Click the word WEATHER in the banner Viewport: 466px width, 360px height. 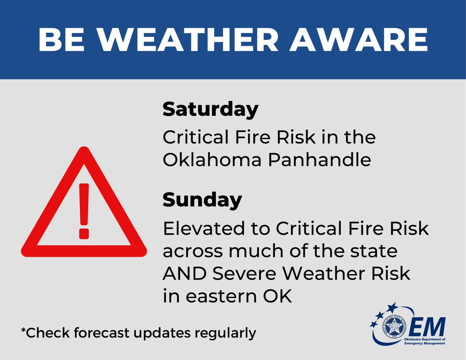[x=202, y=40]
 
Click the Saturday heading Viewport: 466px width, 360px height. [x=210, y=110]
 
